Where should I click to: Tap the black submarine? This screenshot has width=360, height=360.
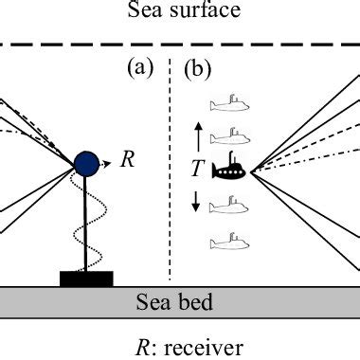(x=230, y=170)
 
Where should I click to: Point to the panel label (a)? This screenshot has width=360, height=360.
(x=140, y=69)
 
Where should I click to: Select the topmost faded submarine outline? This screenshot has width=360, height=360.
(x=227, y=100)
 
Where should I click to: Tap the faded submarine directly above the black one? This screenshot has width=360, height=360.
(x=227, y=136)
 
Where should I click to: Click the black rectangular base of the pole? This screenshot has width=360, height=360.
(x=86, y=278)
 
